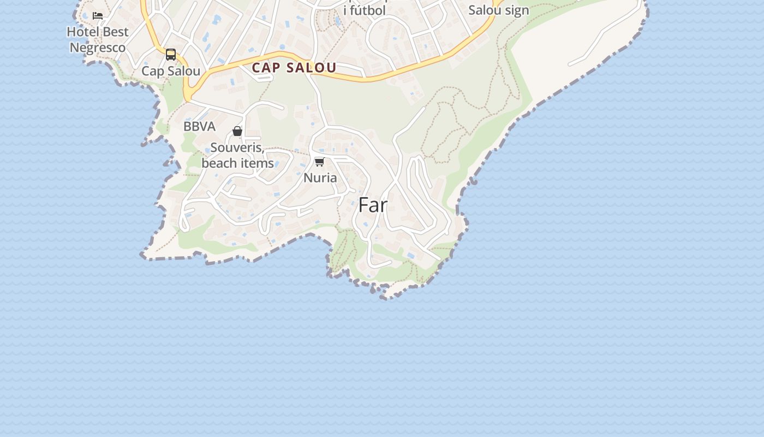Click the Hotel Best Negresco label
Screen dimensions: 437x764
(98, 39)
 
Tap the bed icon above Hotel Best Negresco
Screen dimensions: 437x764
(98, 16)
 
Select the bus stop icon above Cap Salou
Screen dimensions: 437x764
(171, 55)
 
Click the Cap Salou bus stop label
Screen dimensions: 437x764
(171, 71)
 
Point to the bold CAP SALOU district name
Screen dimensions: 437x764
(294, 68)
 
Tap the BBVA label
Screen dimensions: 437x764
(199, 126)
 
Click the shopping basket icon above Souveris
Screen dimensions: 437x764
(237, 131)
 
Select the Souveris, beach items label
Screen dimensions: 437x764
(237, 155)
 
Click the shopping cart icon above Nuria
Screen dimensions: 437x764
(320, 162)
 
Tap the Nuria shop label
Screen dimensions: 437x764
(320, 178)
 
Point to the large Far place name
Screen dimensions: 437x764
(373, 205)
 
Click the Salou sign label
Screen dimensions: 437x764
(499, 10)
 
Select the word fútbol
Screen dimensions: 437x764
(368, 10)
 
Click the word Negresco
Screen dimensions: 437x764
(98, 48)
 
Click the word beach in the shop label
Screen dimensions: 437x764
(219, 163)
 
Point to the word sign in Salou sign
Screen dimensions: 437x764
(517, 10)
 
